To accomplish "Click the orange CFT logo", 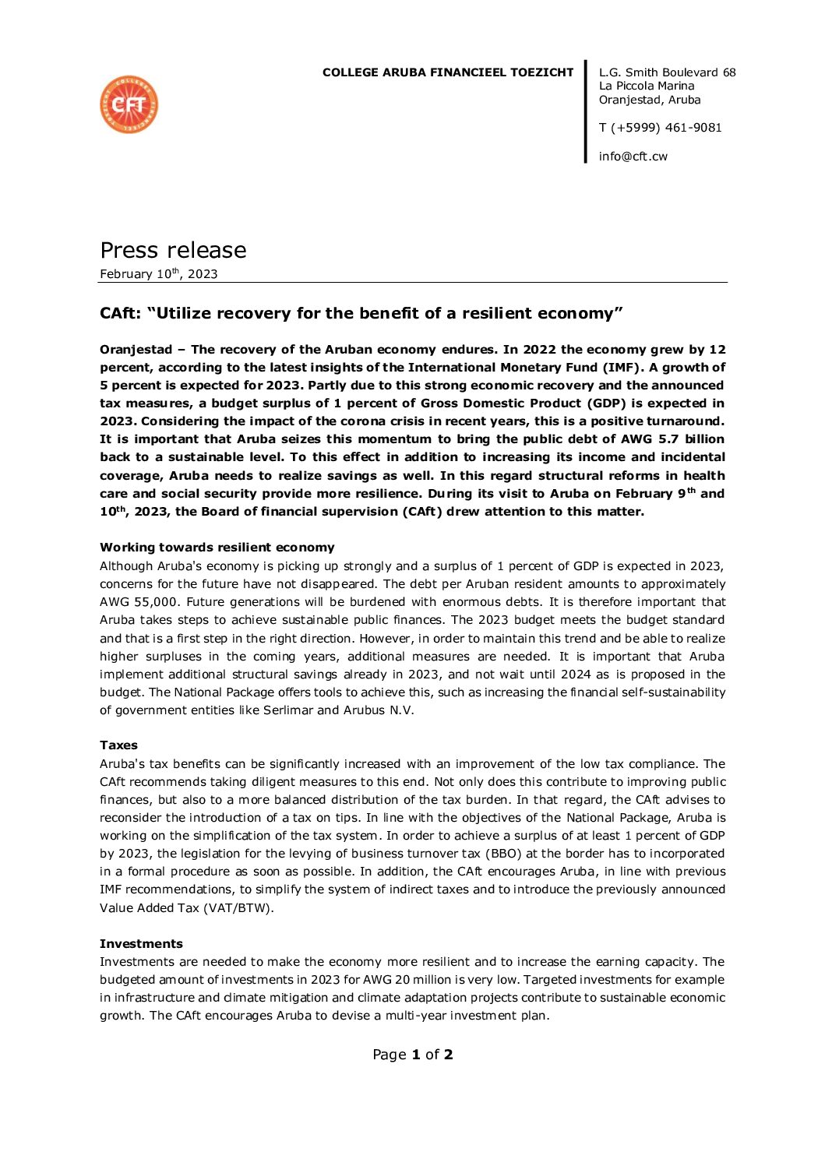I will click(x=129, y=104).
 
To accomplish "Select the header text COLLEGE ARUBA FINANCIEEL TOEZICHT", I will click(x=448, y=72).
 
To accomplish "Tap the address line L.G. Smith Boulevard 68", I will click(x=667, y=72).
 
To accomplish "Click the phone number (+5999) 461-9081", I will click(x=666, y=128).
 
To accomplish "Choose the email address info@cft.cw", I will click(x=633, y=157).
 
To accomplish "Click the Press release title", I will click(x=173, y=250).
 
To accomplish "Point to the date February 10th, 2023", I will click(x=159, y=274).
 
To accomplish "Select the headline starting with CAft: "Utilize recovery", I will click(x=361, y=313).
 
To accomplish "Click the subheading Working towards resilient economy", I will click(x=217, y=548).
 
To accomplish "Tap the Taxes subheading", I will click(x=118, y=745).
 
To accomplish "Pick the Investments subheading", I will click(x=141, y=944).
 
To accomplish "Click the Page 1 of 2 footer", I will click(x=412, y=1055).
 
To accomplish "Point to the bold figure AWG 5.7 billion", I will click(x=672, y=439).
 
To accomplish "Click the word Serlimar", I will click(x=288, y=710).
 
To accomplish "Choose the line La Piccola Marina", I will click(x=647, y=86).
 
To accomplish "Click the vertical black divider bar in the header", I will click(x=586, y=111).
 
